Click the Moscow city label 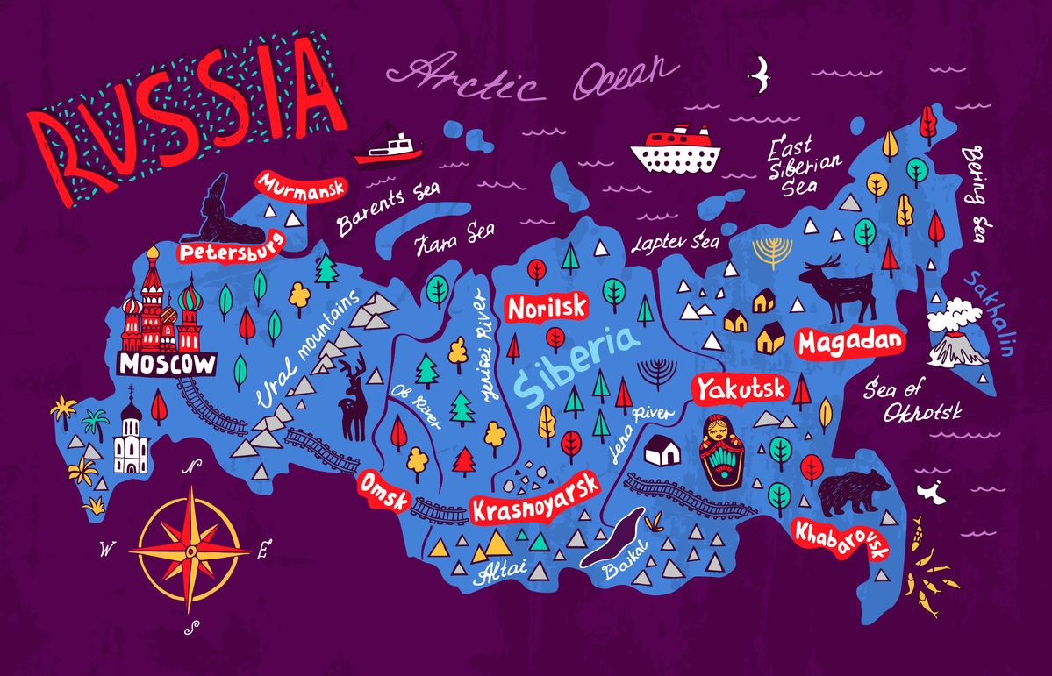[167, 364]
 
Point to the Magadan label [849, 342]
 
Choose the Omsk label [384, 490]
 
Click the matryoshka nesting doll [721, 449]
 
